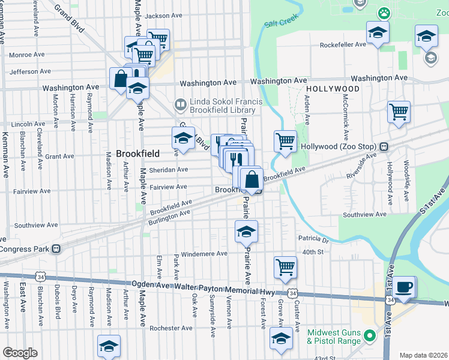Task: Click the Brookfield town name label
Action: pyautogui.click(x=134, y=154)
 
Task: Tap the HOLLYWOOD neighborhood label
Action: pyautogui.click(x=332, y=88)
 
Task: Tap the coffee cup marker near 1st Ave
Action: pyautogui.click(x=405, y=286)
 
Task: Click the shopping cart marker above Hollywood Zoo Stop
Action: pyautogui.click(x=399, y=111)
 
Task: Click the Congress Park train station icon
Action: pyautogui.click(x=55, y=249)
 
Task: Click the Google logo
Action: pyautogui.click(x=19, y=352)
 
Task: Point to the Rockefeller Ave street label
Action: pyautogui.click(x=343, y=44)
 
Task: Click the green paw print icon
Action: pyautogui.click(x=382, y=13)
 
